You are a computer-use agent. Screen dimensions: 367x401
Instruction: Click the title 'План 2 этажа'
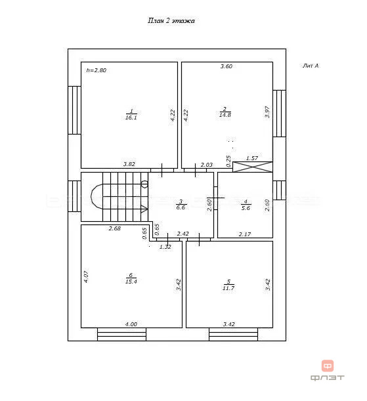[171, 20]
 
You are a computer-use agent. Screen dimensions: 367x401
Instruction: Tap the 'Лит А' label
[311, 66]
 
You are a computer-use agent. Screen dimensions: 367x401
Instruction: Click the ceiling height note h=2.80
[96, 70]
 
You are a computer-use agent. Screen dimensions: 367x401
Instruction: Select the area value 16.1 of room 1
[131, 117]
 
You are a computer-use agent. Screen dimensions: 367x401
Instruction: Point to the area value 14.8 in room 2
[225, 115]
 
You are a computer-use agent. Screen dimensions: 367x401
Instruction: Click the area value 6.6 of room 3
[181, 207]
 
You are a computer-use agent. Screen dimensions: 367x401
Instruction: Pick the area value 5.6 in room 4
[246, 208]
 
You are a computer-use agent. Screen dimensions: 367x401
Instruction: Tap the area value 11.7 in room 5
[228, 288]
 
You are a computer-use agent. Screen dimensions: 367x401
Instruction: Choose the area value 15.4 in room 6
[131, 282]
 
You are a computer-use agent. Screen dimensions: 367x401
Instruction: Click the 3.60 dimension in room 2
[227, 66]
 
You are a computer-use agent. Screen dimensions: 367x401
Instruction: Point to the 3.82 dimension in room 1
[129, 164]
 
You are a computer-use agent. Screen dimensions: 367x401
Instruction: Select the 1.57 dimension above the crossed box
[252, 158]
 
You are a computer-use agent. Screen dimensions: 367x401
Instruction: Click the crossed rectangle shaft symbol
[253, 167]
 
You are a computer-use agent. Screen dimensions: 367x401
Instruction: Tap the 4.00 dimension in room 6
[131, 324]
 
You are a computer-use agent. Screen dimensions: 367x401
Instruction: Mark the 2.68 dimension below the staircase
[115, 228]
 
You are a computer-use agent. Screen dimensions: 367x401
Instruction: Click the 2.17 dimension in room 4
[245, 234]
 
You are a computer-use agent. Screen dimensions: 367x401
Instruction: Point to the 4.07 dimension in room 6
[86, 277]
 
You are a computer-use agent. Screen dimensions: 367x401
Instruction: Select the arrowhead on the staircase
[144, 209]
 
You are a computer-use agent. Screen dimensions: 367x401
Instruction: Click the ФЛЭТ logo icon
[328, 366]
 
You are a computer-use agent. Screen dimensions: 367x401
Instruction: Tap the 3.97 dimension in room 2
[267, 112]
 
